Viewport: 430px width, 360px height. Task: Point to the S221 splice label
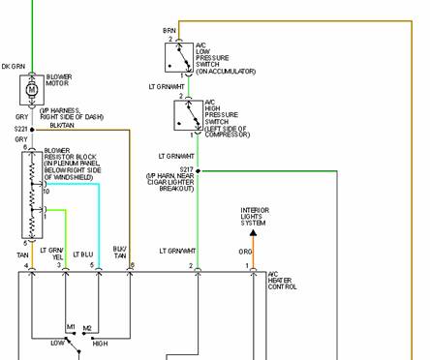click(x=20, y=128)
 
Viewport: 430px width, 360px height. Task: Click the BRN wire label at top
click(x=169, y=31)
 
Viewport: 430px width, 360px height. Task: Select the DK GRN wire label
click(x=15, y=65)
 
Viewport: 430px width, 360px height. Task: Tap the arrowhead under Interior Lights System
click(x=253, y=230)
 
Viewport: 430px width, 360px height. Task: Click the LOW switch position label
click(x=58, y=343)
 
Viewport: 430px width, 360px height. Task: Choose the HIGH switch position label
click(x=100, y=343)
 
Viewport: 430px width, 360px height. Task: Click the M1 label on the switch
click(x=71, y=326)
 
